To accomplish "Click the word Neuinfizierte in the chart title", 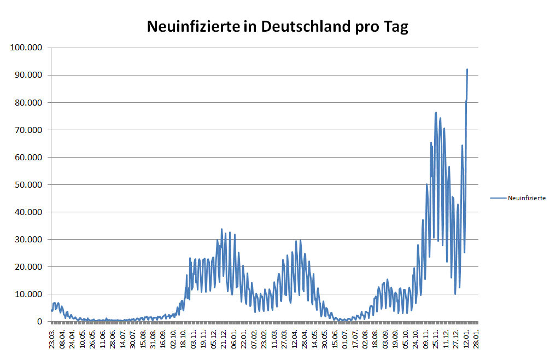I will click(x=192, y=27).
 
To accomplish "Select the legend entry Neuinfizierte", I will click(x=526, y=198).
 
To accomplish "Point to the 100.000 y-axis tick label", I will click(x=27, y=48).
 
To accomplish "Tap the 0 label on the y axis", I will click(x=40, y=322).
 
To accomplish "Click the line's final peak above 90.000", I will click(x=467, y=69).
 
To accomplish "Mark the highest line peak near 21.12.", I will click(x=221, y=229).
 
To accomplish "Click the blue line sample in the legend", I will click(x=498, y=198).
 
